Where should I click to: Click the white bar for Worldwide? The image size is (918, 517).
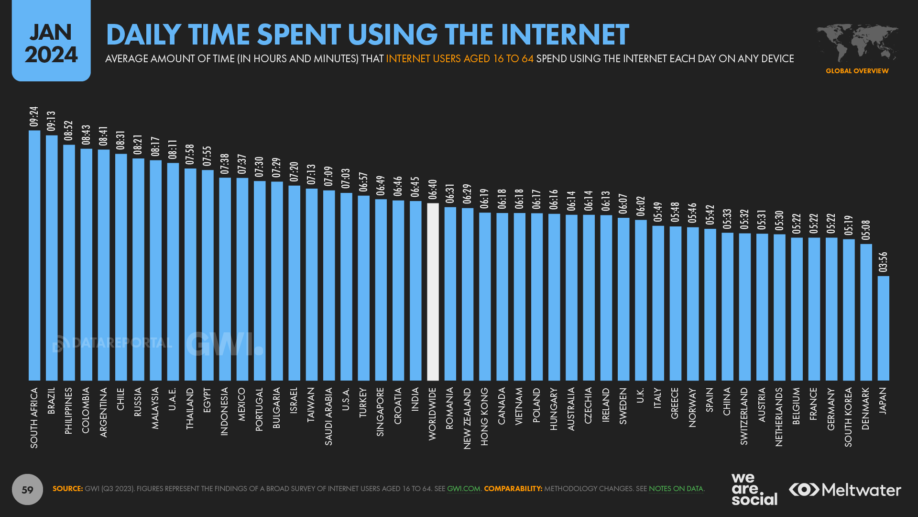433,292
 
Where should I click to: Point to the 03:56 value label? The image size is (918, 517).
883,262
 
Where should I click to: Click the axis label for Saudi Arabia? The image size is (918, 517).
328,416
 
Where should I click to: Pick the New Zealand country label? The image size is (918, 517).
467,418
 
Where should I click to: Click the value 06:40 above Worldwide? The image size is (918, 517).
433,190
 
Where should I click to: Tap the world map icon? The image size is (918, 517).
857,43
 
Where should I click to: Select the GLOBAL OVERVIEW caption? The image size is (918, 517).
857,71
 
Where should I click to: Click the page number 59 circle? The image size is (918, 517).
27,489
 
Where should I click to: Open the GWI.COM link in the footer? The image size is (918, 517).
463,489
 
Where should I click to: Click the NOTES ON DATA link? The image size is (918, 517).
676,489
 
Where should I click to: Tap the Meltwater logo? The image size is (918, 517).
845,490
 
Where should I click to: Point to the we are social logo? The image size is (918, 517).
754,489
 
